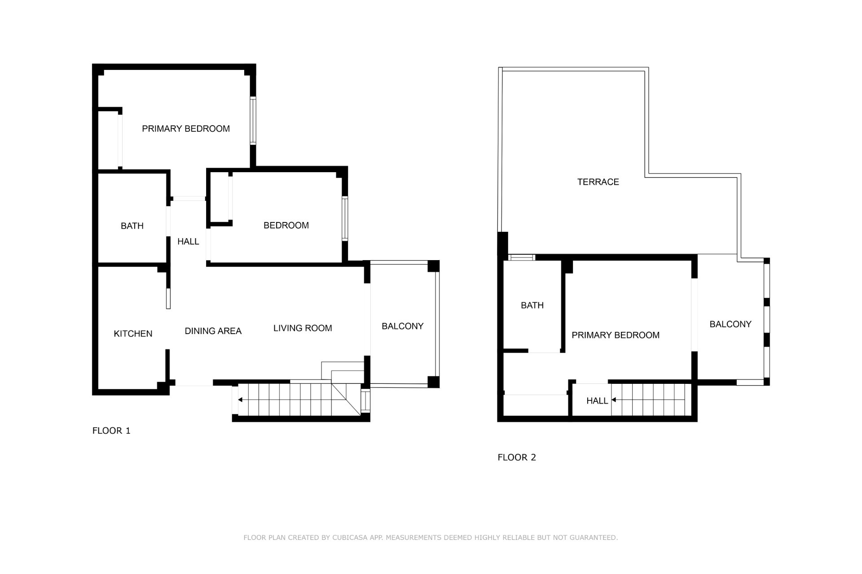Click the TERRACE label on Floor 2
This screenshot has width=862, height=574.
tap(598, 182)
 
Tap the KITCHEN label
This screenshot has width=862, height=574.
tap(133, 334)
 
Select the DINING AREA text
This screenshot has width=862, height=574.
tap(213, 331)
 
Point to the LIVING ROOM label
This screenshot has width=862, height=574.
tap(303, 328)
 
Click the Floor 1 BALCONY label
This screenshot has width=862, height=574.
tap(403, 326)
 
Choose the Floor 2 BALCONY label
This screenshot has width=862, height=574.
tap(730, 324)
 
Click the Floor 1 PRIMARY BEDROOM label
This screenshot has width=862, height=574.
tap(186, 129)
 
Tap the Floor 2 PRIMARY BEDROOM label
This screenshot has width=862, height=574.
tap(616, 335)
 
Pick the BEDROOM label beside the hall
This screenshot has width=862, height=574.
tap(286, 225)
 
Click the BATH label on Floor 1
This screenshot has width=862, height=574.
tap(132, 226)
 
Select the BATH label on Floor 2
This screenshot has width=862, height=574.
tap(532, 305)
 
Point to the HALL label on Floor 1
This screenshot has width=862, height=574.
tap(188, 242)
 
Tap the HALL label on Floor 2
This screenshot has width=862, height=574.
tap(597, 401)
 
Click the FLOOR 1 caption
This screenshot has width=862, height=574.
tap(111, 431)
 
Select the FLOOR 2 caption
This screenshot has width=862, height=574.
tap(517, 457)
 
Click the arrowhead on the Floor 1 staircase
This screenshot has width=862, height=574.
tap(240, 400)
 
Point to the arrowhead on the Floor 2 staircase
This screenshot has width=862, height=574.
tap(614, 400)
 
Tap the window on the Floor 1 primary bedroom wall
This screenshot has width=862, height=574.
tap(253, 121)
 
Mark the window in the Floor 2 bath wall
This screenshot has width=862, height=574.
tap(522, 257)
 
